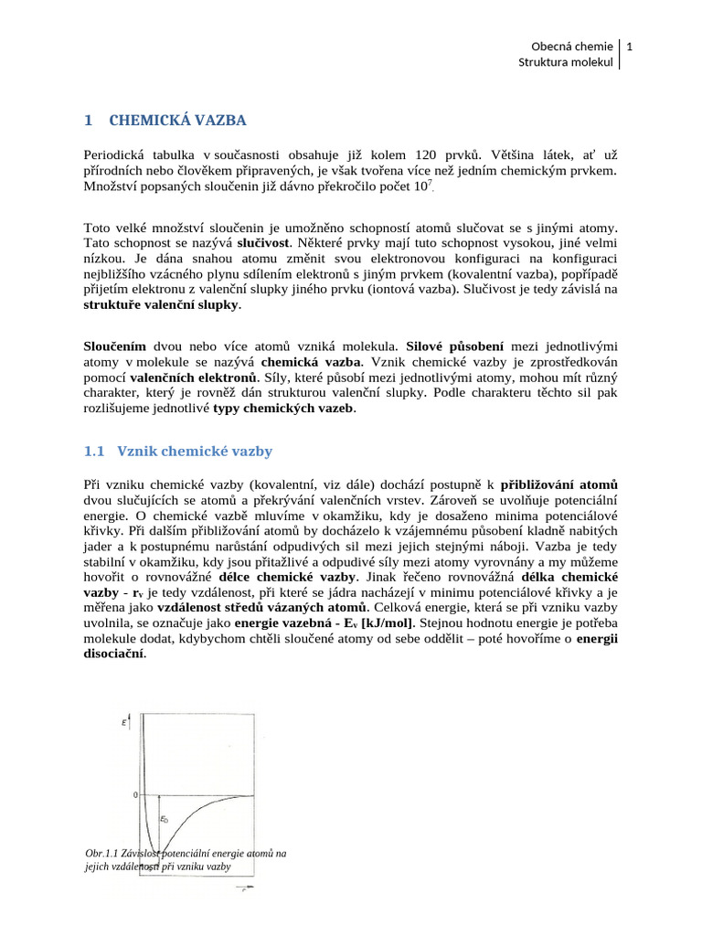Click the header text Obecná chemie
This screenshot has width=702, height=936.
571,46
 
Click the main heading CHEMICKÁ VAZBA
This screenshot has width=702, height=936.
177,120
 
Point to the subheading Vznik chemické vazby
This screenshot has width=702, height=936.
190,452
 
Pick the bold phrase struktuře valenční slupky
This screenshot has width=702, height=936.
162,305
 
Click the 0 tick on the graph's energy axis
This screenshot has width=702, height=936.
134,795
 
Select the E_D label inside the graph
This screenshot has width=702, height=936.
165,820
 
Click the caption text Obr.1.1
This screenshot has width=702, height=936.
102,854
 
